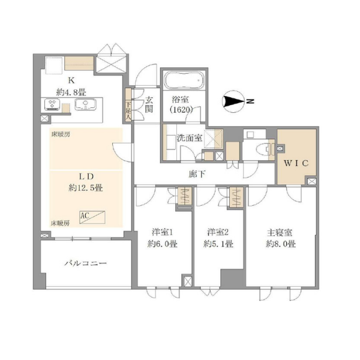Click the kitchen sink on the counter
coord(86,106)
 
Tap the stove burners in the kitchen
coord(52,105)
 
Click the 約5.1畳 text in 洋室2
coord(219,244)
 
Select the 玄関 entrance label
coord(148,104)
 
